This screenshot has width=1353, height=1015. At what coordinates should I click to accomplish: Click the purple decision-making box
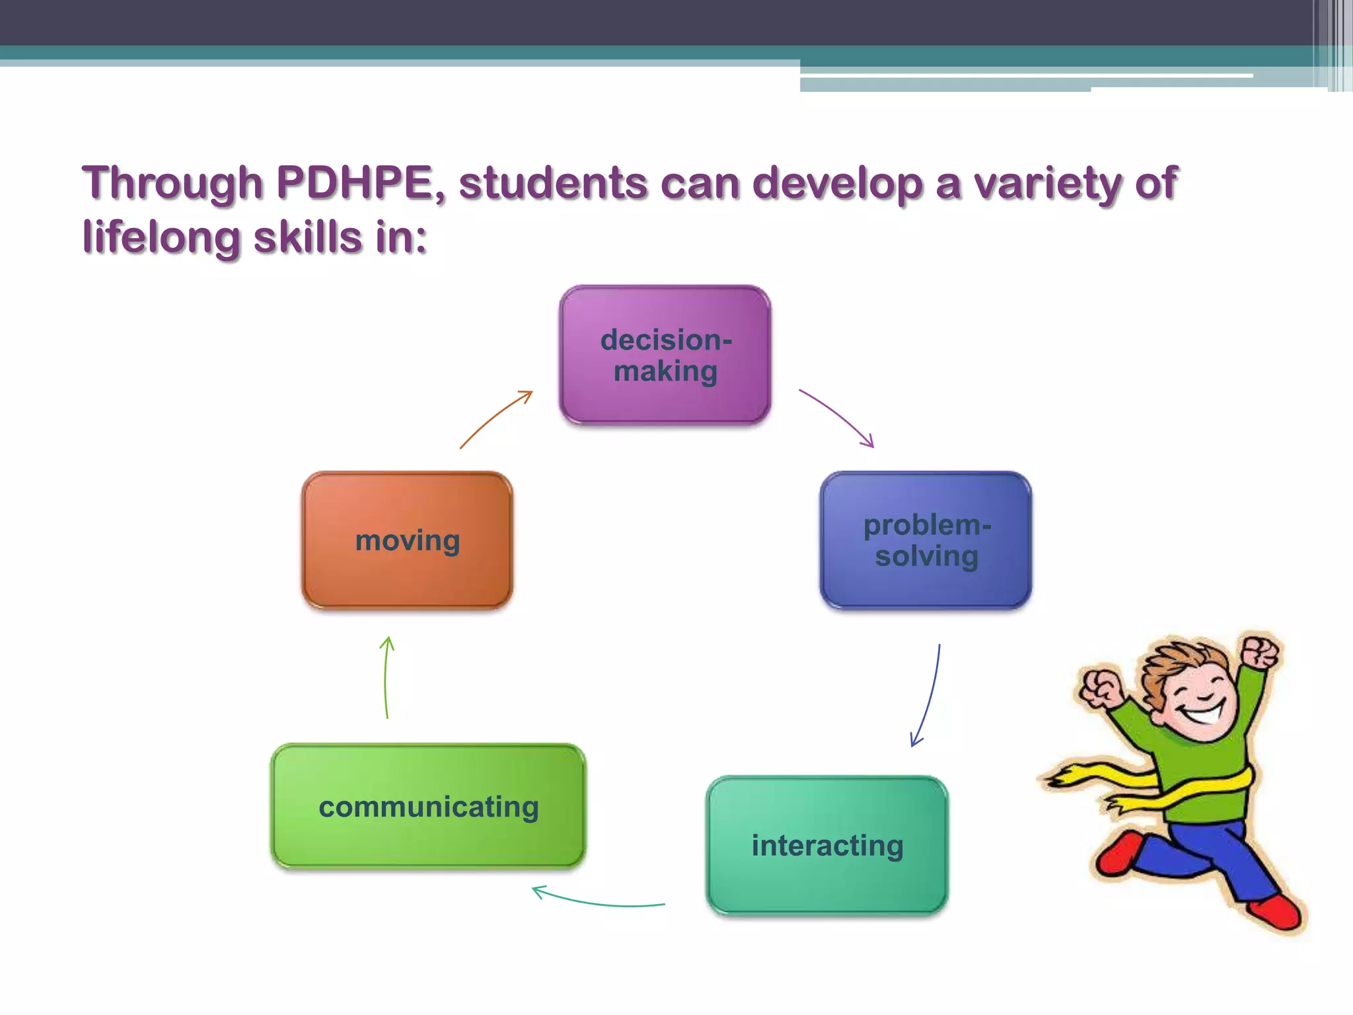[x=665, y=355]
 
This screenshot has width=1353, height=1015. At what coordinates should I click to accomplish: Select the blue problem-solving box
[x=926, y=540]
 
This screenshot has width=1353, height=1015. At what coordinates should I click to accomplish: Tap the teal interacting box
[x=827, y=845]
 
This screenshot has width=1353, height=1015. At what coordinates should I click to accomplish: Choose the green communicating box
[x=428, y=806]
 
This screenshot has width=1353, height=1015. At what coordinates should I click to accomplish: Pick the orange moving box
[x=407, y=540]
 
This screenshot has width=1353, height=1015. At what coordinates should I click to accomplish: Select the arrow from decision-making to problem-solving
[x=838, y=416]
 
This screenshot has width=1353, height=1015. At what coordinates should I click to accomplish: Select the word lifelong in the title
[x=161, y=237]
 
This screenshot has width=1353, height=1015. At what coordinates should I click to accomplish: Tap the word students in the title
[x=554, y=182]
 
